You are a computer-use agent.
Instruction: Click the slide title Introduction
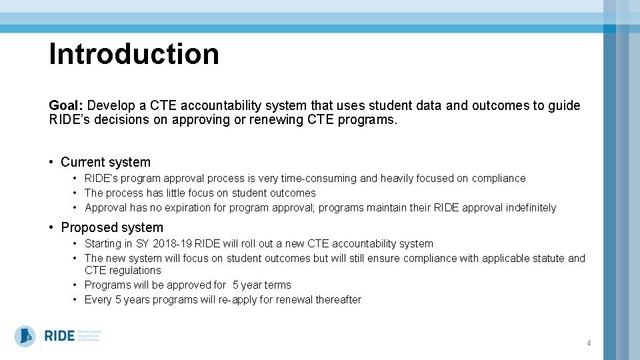pyautogui.click(x=134, y=54)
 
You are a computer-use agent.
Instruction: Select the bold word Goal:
pyautogui.click(x=66, y=105)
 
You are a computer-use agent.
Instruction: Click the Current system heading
pyautogui.click(x=105, y=162)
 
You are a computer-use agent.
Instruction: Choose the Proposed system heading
pyautogui.click(x=111, y=227)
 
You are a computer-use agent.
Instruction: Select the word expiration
pyautogui.click(x=195, y=208)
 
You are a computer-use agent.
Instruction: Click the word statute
pyautogui.click(x=547, y=259)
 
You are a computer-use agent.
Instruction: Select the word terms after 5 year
pyautogui.click(x=277, y=285)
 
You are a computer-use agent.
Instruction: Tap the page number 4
pyautogui.click(x=589, y=343)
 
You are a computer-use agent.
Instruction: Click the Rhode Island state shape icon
pyautogui.click(x=25, y=335)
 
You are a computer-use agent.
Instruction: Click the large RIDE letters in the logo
pyautogui.click(x=59, y=335)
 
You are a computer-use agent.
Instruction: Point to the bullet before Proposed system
pyautogui.click(x=52, y=227)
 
